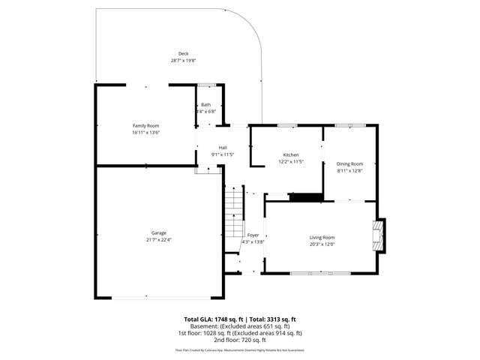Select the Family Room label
[145, 125]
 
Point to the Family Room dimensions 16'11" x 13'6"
[145, 132]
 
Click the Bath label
[205, 104]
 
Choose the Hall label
[223, 147]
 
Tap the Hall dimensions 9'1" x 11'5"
[223, 154]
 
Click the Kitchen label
[291, 154]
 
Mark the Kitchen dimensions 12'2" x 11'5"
[291, 161]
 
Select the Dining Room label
[349, 163]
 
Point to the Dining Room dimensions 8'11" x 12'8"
[349, 170]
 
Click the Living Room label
[322, 237]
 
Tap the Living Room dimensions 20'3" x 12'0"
[322, 244]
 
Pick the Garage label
[158, 232]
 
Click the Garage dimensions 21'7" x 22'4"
[158, 239]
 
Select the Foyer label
[253, 235]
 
